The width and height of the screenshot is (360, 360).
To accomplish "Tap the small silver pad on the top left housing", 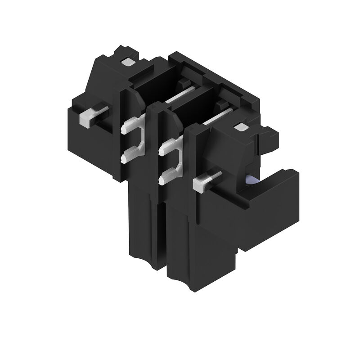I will point(128,63).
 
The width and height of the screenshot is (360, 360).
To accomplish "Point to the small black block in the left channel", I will point(182,84).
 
